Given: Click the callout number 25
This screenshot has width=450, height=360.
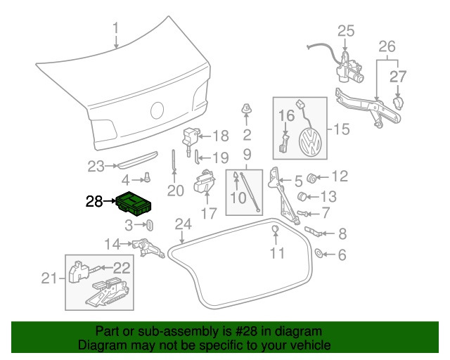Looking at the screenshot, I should (x=345, y=30).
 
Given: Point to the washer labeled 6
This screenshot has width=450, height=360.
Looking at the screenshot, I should (x=319, y=252).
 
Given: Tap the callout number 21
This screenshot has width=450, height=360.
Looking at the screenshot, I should (x=48, y=279).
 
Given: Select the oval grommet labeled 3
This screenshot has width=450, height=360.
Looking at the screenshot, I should (x=149, y=226).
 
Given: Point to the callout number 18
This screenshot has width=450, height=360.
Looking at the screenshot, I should (x=220, y=136).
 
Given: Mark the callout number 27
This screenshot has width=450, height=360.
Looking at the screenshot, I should (x=398, y=76).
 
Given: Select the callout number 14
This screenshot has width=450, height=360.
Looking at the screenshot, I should (x=112, y=244).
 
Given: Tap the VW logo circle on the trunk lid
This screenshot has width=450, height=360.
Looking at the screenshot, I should (x=157, y=110).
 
